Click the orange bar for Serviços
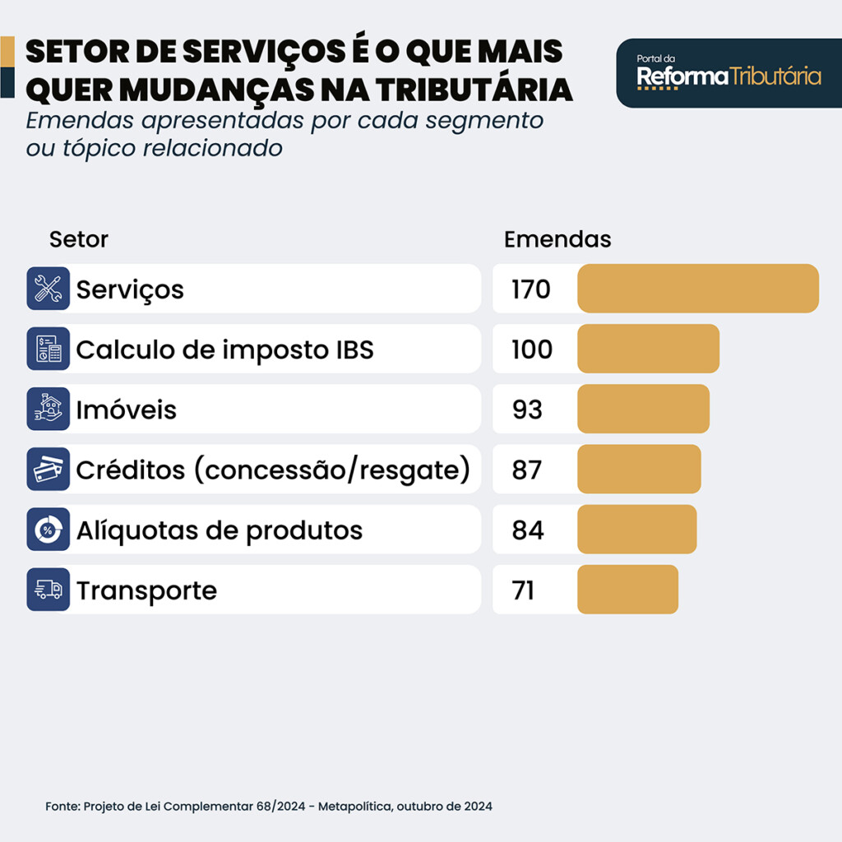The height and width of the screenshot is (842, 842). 698,289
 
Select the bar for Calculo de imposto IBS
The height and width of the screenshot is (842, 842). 648,349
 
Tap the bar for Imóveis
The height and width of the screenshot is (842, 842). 643,409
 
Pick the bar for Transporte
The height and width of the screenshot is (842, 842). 627,590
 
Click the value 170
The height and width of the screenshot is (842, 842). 530,289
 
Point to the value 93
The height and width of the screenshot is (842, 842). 527,409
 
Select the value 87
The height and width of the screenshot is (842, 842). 527,470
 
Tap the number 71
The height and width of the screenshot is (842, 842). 523,590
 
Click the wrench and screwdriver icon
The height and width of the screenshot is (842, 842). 48,289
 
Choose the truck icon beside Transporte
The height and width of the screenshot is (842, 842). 48,590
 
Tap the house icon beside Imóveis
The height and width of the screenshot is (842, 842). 48,409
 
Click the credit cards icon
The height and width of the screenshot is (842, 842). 48,470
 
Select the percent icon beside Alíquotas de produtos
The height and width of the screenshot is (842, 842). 48,530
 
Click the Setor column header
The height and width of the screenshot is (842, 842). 79,239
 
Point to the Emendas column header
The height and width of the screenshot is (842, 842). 557,239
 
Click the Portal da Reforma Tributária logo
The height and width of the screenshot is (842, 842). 729,74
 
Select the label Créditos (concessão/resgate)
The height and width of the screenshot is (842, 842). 273,470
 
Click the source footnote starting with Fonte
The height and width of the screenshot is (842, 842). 269,806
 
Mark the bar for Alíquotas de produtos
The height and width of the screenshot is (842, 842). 636,530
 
